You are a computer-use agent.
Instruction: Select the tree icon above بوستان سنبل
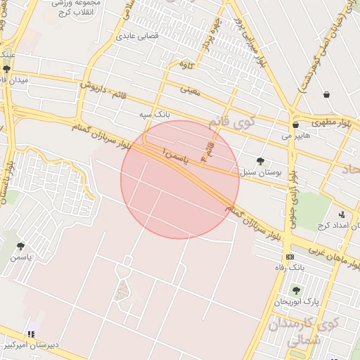pyautogui.click(x=261, y=161)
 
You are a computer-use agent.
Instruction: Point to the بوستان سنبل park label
pyautogui.click(x=259, y=172)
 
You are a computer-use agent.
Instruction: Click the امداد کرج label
pyautogui.click(x=336, y=226)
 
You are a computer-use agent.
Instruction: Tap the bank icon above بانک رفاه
pyautogui.click(x=290, y=257)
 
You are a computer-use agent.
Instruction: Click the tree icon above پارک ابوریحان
pyautogui.click(x=296, y=290)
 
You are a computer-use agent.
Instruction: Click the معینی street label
pyautogui.click(x=191, y=89)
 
